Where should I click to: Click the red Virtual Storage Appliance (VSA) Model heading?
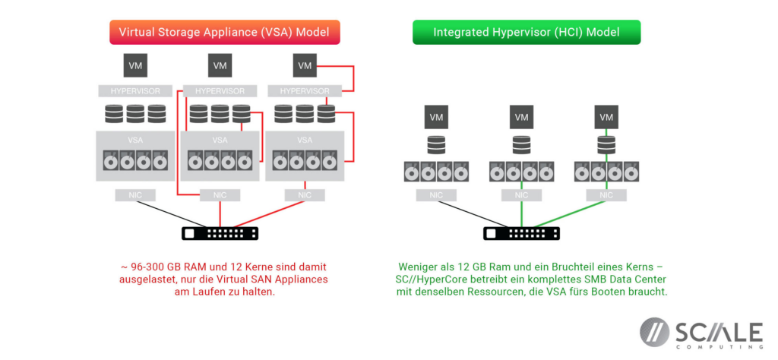(x=224, y=32)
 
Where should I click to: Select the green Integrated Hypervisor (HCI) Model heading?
(x=526, y=32)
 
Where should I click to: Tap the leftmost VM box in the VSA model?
(x=135, y=66)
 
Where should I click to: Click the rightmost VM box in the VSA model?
(x=305, y=66)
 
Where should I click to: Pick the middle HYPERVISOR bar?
(x=220, y=91)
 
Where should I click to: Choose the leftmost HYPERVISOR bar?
(x=135, y=91)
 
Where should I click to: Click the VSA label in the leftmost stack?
(x=135, y=140)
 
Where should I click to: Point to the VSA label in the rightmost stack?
(x=305, y=140)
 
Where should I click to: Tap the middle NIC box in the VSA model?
(x=220, y=195)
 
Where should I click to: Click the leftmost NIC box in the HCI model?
(x=436, y=195)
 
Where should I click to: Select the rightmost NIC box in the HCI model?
(x=606, y=195)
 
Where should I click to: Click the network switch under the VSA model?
(x=220, y=234)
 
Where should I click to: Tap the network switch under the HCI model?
(x=521, y=234)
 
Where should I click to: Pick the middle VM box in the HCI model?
(x=521, y=117)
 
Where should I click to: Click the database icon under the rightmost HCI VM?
(x=606, y=144)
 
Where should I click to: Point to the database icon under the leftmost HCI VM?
(x=436, y=144)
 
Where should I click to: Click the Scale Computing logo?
(x=701, y=333)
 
